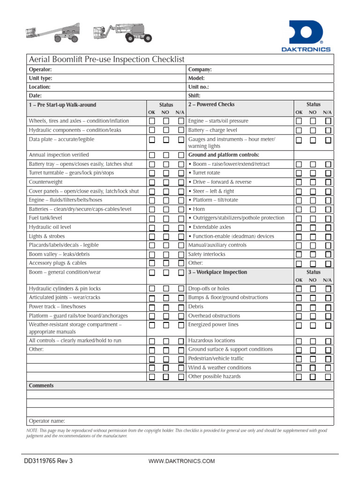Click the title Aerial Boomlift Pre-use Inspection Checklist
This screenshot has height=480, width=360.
tap(107, 60)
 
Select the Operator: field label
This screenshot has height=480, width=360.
tap(40, 69)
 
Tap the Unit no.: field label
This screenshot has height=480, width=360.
tap(198, 87)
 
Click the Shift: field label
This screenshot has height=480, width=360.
tap(195, 96)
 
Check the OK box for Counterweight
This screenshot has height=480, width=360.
tap(152, 182)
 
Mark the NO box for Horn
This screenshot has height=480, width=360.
tap(313, 210)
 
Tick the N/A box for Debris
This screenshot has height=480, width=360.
tap(328, 307)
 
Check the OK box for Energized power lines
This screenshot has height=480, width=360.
tap(299, 325)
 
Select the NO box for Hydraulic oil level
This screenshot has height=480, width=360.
tap(166, 228)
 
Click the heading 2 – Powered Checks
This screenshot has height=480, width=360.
tap(211, 105)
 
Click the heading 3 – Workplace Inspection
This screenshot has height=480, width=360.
tap(217, 272)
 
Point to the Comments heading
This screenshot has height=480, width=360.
tap(41, 386)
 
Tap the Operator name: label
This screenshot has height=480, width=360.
tap(47, 421)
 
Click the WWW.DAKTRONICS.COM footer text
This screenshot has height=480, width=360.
tap(181, 461)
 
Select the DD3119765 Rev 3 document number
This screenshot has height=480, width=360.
tap(48, 461)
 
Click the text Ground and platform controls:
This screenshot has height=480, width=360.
tap(224, 155)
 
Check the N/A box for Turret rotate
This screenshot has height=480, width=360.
tap(328, 173)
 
